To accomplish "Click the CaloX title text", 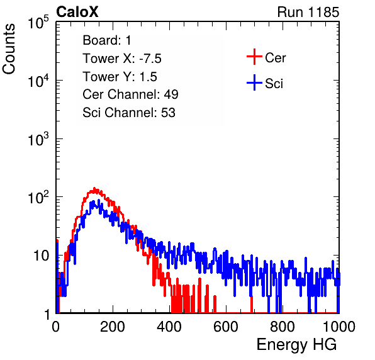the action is point(77,12).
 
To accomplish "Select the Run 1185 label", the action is point(308,12).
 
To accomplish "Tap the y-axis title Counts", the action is point(9,49).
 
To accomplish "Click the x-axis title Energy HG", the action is point(296,344).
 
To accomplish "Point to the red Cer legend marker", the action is point(254,57).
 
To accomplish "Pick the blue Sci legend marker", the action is point(254,82).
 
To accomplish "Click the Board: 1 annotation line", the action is point(107,40).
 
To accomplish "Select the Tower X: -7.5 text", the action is point(122,59).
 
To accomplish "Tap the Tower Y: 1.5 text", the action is point(120,77).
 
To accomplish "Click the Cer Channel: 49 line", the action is point(130,94).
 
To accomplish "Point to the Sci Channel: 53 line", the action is point(129,113).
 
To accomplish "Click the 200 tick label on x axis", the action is point(113,327).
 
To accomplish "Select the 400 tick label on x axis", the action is point(169,327).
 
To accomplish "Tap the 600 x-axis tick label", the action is point(226,327).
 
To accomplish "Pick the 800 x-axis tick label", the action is point(283,327).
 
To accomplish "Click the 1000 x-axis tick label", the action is point(339,327).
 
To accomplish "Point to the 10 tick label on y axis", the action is point(41,256).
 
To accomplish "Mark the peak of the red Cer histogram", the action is point(94,188).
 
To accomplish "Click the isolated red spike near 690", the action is point(252,304).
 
